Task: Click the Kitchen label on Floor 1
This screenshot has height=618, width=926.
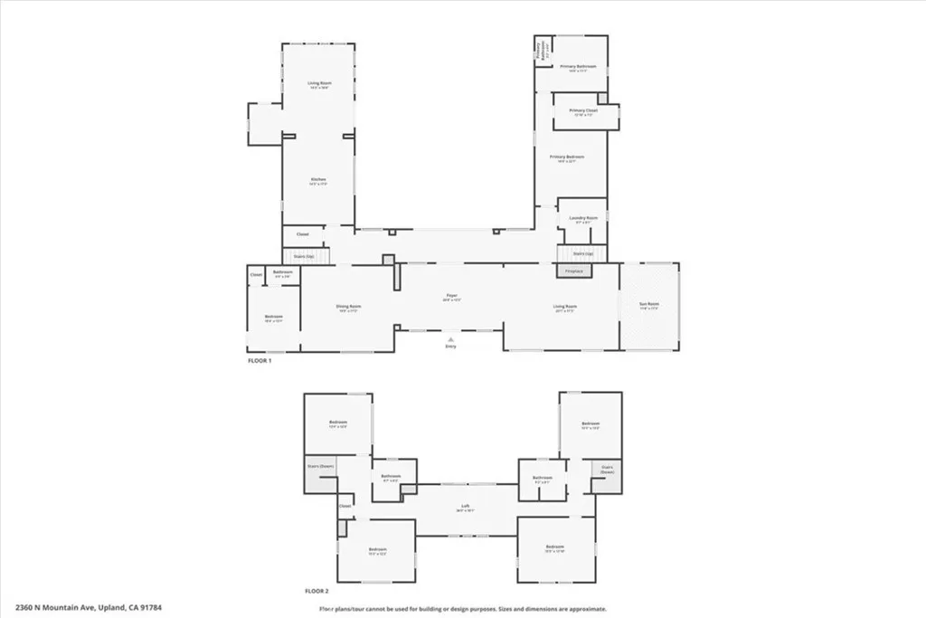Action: [317, 179]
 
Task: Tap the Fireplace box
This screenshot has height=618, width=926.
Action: [573, 271]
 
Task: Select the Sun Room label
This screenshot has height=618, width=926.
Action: [648, 306]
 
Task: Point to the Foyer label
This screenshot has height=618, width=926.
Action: [450, 296]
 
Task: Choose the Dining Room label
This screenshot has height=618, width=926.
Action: [349, 307]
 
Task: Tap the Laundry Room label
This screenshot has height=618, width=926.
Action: [582, 218]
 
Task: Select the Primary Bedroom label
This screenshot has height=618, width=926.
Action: [567, 157]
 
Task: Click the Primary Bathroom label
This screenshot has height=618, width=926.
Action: [574, 66]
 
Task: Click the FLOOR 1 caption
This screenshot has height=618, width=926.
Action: [260, 360]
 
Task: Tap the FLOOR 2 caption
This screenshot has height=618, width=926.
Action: [317, 591]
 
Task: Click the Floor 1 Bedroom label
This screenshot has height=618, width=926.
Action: [273, 317]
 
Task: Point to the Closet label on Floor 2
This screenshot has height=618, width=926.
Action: [345, 507]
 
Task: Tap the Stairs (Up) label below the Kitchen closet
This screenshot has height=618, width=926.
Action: [304, 257]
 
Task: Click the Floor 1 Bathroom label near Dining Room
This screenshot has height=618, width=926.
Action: [282, 272]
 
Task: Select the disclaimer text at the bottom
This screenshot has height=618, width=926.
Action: [462, 609]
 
